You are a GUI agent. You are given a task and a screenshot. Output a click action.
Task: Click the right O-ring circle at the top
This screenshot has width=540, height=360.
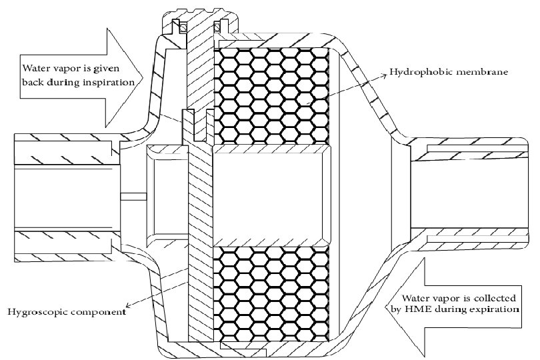point(217,28)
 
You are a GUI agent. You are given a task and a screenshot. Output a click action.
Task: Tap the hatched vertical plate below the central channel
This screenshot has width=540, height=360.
point(199,280)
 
